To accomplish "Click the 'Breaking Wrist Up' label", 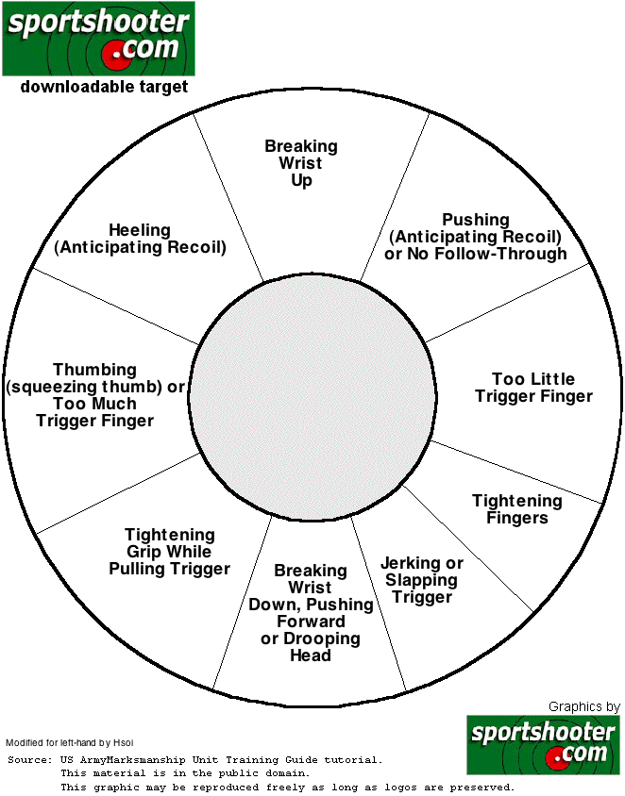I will coord(301,163).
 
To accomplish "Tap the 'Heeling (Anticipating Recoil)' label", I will coord(140,240).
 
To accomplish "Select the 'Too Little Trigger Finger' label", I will coord(533,388).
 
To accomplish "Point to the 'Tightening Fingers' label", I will coord(517,509).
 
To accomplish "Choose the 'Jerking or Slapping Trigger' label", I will coord(422,580).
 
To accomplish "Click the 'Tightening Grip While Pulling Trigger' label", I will coord(170,552).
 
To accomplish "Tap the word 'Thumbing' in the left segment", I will coord(94,370).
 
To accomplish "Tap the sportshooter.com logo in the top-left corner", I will coord(98,39).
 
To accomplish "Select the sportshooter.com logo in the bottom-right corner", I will coord(543,743).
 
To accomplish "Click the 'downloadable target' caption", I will coord(104,87).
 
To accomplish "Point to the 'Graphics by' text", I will coord(583,706).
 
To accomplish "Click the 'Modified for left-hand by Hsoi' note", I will coord(70,742).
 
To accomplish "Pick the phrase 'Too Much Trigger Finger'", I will coord(94,412).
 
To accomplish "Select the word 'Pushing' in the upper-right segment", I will coord(476,220).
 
